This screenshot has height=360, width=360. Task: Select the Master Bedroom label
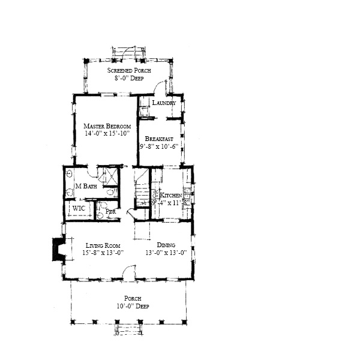click(107, 125)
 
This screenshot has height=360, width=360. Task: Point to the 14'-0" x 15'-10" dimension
click(107, 133)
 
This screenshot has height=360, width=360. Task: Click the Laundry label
click(164, 103)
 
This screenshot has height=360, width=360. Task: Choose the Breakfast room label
click(159, 139)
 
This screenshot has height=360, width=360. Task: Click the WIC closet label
click(79, 208)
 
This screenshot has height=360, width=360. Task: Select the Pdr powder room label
click(110, 212)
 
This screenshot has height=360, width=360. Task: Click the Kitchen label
click(170, 195)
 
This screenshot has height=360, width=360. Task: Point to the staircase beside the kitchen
click(142, 189)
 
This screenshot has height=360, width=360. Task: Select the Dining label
click(166, 245)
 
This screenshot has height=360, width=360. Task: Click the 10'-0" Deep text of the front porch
click(132, 306)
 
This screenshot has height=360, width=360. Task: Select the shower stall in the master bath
click(109, 176)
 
